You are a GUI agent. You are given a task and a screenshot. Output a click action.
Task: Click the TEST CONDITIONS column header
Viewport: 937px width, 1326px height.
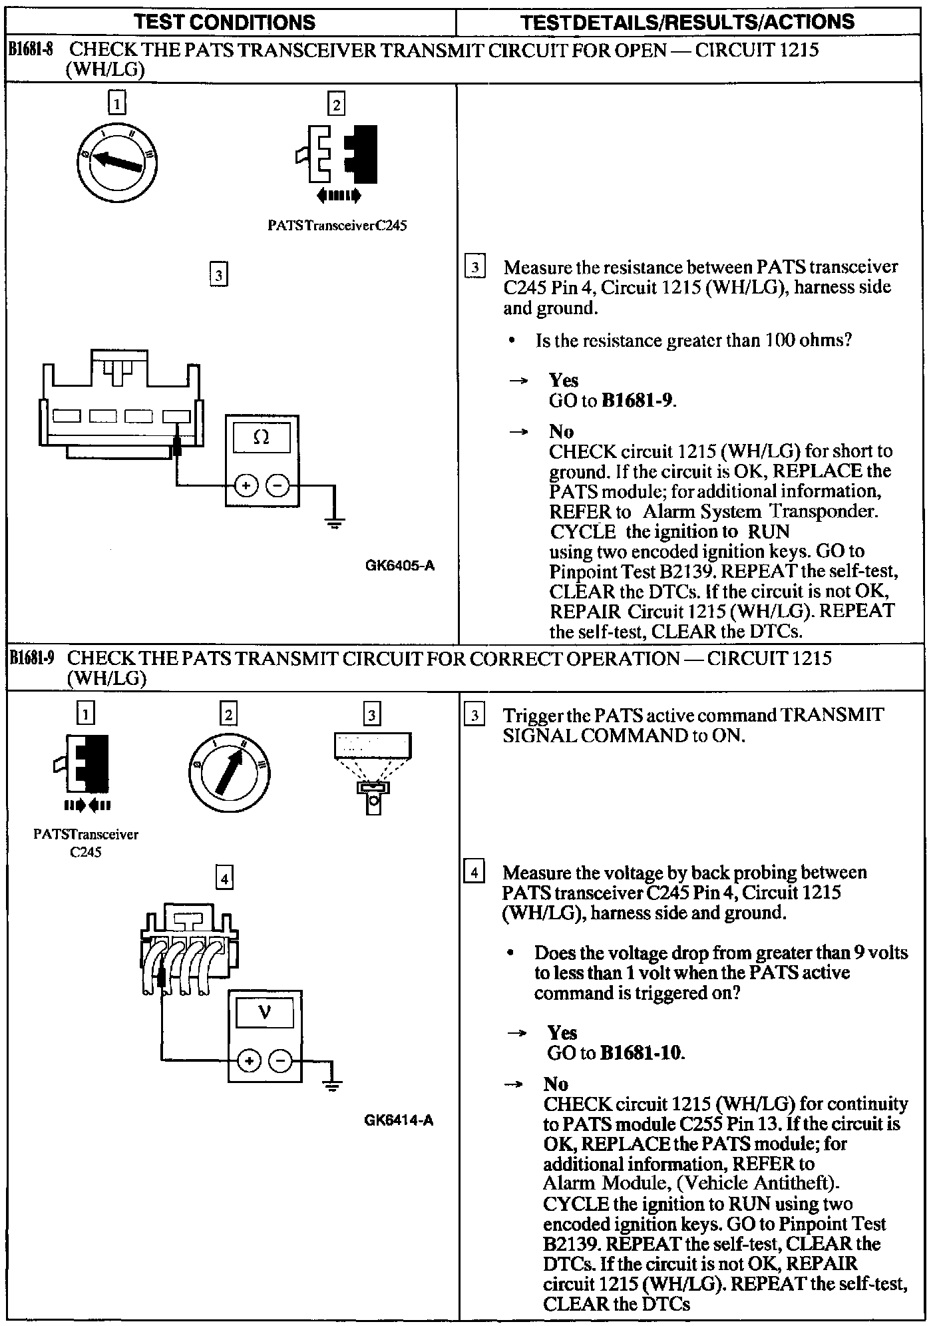point(225,22)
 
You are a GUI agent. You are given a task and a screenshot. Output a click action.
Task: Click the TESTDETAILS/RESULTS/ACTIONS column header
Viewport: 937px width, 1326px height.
point(687,22)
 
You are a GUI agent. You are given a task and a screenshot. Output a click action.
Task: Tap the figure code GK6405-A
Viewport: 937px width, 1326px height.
point(399,566)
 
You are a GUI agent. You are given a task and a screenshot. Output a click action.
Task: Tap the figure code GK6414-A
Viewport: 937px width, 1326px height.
point(399,1120)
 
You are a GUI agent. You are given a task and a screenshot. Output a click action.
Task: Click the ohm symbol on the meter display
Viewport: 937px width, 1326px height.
point(262,438)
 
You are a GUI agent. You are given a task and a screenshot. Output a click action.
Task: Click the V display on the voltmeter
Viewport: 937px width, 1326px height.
point(264,1012)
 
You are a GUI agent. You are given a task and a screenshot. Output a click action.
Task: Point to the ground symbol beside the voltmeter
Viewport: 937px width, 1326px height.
point(333,1086)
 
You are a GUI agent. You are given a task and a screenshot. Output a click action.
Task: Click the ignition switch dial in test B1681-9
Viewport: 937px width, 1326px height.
point(229,771)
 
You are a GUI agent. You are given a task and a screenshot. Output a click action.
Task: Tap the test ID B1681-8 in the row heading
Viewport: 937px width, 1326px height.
point(31,50)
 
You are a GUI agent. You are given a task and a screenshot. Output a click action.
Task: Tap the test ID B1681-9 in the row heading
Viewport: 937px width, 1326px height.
point(31,658)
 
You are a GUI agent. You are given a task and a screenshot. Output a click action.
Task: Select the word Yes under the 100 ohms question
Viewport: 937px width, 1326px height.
point(563,380)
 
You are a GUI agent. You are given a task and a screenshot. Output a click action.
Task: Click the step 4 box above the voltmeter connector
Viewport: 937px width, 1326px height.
point(225,879)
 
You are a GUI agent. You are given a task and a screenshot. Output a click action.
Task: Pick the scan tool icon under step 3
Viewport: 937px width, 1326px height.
point(373,772)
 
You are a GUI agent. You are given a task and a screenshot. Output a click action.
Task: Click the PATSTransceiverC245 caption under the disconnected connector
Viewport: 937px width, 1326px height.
point(337,226)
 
